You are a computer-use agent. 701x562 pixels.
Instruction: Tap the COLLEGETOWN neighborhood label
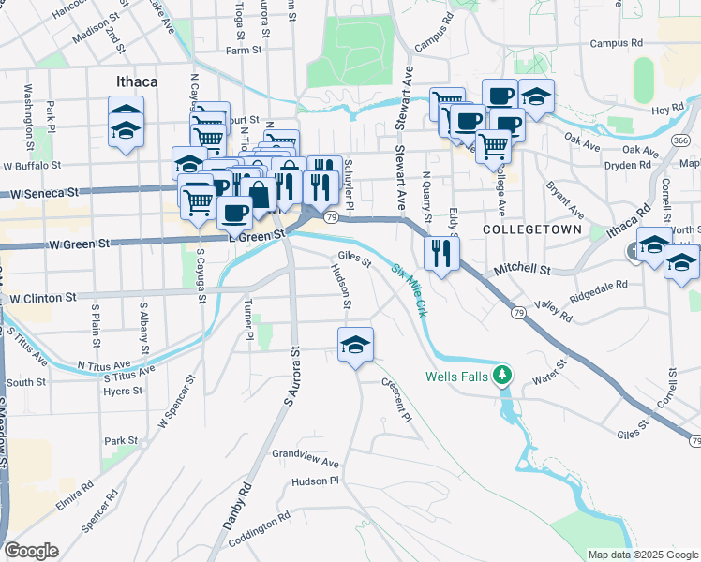532,229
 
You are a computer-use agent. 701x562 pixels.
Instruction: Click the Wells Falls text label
458,377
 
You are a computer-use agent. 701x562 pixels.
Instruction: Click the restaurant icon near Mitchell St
440,252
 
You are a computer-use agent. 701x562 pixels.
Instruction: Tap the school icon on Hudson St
355,346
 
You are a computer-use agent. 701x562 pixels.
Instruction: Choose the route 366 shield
681,140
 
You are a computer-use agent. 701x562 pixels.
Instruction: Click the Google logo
31,551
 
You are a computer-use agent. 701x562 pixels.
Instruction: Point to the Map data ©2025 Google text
642,555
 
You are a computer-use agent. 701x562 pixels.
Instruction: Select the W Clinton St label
44,298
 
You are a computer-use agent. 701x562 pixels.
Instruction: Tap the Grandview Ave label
305,461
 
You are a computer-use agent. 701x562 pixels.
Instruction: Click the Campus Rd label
616,43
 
